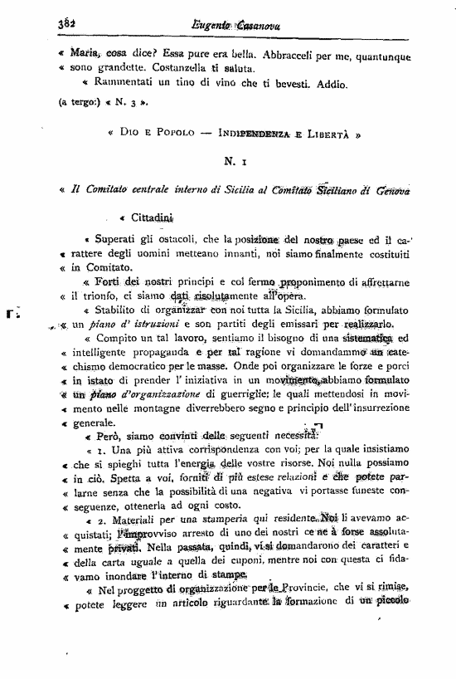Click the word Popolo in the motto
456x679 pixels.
(x=171, y=133)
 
